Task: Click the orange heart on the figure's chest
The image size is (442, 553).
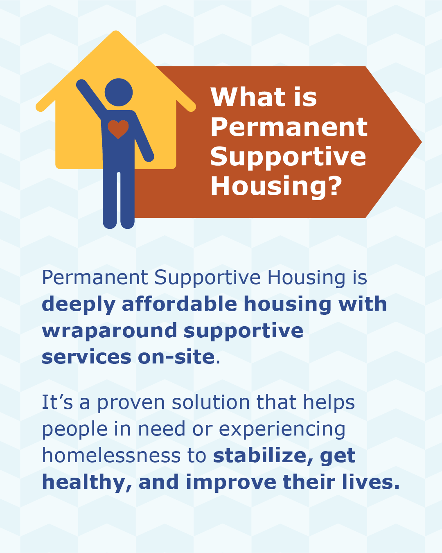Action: coord(118,129)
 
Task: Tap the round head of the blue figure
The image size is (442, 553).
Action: coord(118,92)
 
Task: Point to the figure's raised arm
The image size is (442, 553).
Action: coord(91,97)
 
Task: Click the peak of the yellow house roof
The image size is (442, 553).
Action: coord(116,32)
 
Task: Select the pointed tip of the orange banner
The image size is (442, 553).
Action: coord(421,142)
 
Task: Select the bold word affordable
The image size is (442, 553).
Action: coord(179,304)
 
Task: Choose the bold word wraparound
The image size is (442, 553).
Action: coord(109,332)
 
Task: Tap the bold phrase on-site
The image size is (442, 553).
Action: coord(176,357)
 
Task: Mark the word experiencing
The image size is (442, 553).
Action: coord(282,430)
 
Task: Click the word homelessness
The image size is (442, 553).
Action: coord(111,456)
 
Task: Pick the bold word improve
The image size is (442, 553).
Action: coord(231,483)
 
